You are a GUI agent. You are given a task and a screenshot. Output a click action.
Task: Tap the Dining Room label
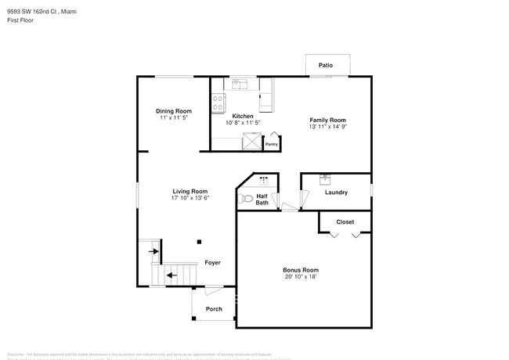[173, 111]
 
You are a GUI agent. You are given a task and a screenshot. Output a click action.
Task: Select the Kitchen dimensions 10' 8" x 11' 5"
[242, 123]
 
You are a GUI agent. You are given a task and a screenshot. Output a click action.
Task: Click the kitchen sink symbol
[240, 84]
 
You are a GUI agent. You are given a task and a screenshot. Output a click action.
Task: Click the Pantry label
[271, 144]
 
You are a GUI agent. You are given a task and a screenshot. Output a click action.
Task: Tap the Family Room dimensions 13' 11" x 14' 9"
[327, 127]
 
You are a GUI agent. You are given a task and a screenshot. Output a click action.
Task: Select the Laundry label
[336, 193]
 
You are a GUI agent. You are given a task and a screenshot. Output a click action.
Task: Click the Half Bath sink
[263, 180]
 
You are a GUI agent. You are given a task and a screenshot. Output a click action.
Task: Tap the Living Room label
[190, 191]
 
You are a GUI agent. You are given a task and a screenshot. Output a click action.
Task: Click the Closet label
[345, 222]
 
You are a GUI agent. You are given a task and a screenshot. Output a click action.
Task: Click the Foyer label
[212, 263]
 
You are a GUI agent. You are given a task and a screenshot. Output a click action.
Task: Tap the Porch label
[214, 309]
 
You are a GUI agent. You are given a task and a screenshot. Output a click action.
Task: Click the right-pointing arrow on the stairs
[155, 251]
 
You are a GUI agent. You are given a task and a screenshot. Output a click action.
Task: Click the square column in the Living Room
[199, 242]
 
